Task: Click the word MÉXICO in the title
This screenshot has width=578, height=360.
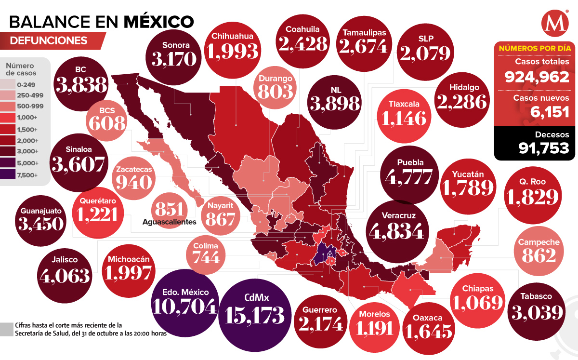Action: (x=159, y=21)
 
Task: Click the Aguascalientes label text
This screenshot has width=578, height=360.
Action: (x=170, y=222)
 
